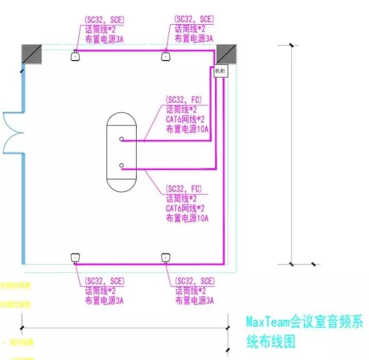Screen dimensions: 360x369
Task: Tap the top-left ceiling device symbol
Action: point(75,55)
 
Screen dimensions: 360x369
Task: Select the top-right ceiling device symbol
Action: point(166,55)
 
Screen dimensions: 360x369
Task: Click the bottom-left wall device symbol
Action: point(75,257)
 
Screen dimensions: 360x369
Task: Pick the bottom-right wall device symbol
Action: point(166,257)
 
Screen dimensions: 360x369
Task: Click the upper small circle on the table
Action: point(122,140)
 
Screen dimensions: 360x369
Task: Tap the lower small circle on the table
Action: point(122,166)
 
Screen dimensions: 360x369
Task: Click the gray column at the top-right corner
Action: point(227,53)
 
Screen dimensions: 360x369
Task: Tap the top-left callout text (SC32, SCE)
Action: point(104,20)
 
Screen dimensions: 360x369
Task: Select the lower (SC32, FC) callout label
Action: point(183,189)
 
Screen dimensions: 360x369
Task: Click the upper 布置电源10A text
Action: point(187,129)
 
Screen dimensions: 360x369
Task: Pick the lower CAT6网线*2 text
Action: point(185,208)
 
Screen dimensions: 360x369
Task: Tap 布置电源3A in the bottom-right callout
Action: point(194,301)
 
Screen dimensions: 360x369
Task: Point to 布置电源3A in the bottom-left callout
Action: point(104,301)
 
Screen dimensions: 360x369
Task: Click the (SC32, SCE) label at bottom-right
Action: point(194,281)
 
